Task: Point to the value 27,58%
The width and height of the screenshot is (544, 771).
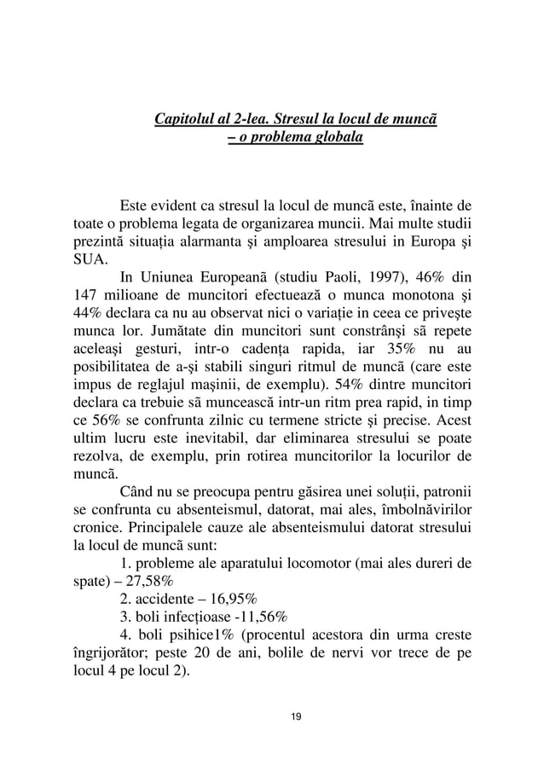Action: click(x=147, y=582)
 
